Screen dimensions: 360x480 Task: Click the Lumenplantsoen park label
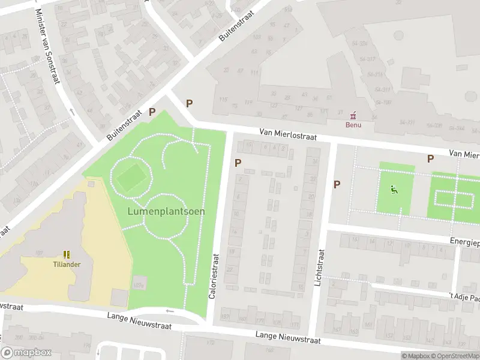click(166, 211)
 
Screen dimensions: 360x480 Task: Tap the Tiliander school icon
click(67, 254)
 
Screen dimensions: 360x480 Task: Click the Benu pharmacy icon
click(353, 114)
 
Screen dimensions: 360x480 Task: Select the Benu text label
click(353, 125)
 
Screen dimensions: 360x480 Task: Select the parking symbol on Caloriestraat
click(238, 163)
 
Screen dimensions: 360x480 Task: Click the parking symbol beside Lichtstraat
click(337, 184)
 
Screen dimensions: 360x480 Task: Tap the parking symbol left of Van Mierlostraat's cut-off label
click(430, 158)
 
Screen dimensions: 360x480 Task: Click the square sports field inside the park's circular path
click(130, 177)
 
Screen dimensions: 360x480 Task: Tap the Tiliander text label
click(67, 264)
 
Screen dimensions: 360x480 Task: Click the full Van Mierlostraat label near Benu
click(288, 136)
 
